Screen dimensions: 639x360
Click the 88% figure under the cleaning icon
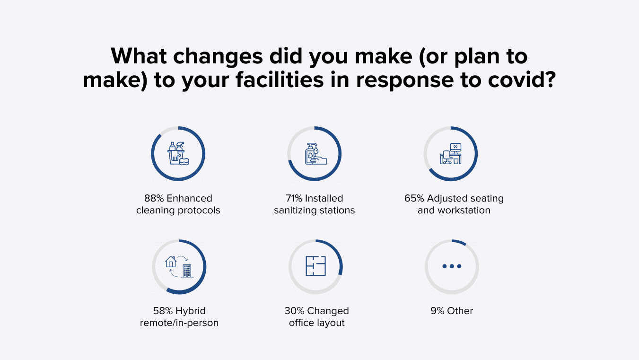154,198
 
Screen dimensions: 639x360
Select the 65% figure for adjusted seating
414,198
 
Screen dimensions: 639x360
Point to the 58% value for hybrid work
163,311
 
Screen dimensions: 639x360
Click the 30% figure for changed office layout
294,311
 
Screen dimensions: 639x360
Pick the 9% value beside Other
438,311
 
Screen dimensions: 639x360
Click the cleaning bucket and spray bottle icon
178,153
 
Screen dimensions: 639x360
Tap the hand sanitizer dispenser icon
315,154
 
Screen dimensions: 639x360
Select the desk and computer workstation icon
451,154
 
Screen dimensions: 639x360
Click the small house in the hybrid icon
171,262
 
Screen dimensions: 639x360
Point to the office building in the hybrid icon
187,271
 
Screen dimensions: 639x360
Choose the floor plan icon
315,266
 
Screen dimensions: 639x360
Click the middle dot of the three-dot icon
452,266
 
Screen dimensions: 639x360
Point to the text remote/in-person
179,323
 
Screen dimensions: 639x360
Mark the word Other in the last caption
460,311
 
